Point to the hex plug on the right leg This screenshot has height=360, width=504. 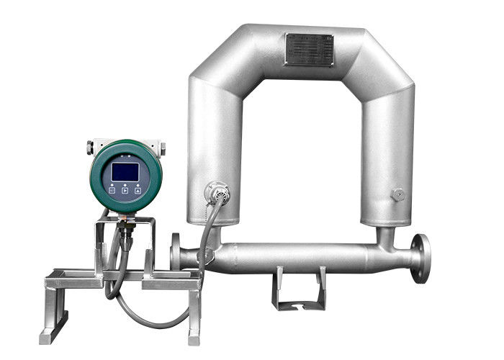(396, 194)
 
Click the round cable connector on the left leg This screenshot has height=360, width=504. (216, 192)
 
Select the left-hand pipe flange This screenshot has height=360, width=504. (176, 253)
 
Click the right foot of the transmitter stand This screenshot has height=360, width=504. (193, 331)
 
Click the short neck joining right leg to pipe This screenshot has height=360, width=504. (385, 234)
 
